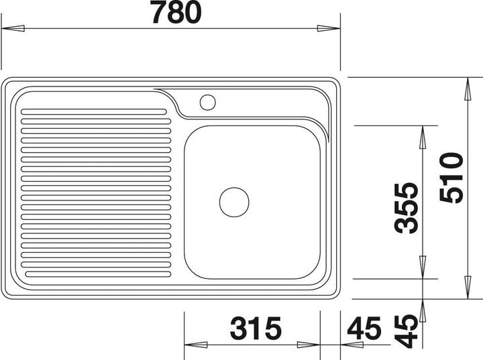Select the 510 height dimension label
tap(450, 178)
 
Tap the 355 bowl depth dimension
tap(406, 208)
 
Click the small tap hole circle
tap(207, 103)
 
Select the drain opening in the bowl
tap(234, 202)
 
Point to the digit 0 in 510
tap(450, 162)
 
